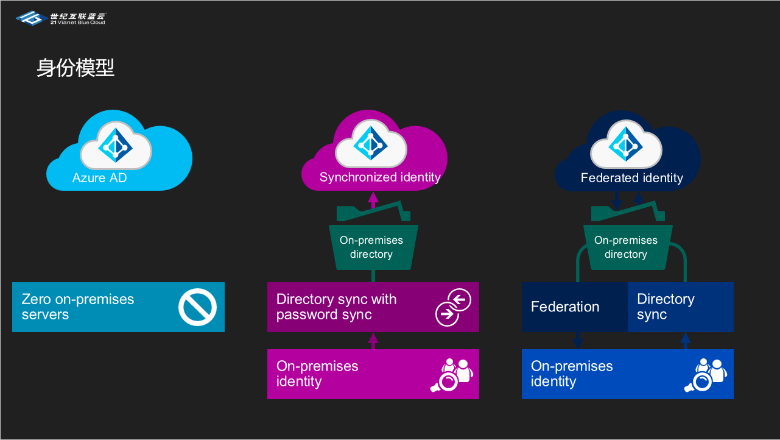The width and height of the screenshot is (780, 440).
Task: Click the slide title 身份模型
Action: [x=76, y=68]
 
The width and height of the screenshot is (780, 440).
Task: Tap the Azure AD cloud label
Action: [x=99, y=178]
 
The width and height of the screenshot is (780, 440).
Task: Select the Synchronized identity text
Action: [x=380, y=177]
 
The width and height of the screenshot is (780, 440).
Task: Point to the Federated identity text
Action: [x=631, y=178]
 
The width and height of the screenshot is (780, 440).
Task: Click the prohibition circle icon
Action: [x=198, y=307]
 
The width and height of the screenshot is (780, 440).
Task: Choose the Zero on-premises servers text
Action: [x=78, y=307]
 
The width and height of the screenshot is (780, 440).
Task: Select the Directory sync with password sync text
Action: [x=336, y=307]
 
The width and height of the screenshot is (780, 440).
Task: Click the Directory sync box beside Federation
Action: [x=680, y=307]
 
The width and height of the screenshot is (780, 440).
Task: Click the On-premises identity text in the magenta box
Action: [x=317, y=374]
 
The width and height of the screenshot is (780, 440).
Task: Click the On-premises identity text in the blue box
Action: [x=572, y=374]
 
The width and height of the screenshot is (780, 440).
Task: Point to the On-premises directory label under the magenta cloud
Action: [x=371, y=247]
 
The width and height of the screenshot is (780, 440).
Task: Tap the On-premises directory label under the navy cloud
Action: [x=626, y=247]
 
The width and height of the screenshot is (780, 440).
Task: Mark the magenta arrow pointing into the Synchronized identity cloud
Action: [x=373, y=199]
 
